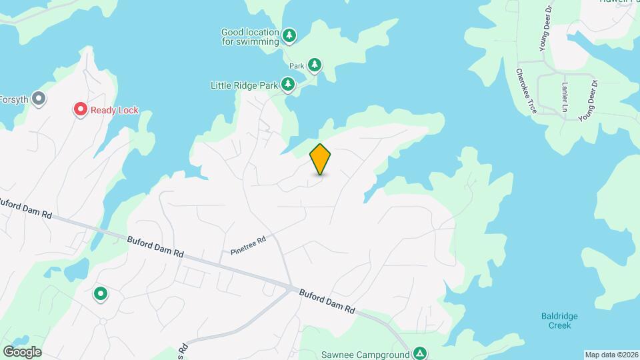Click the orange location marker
pos(320,159)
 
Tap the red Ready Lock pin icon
pos(81,109)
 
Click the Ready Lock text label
pos(115,110)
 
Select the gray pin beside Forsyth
pos(39,99)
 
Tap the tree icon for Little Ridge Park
pos(288,85)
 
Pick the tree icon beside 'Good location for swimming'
pos(289,35)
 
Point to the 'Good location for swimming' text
pos(250,37)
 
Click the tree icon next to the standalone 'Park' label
pos(315,65)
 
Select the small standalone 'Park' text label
pos(297,66)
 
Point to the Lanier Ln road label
pos(565,97)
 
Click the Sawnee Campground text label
pos(364,353)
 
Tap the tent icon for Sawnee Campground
pos(419,353)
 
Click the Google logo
pos(22,351)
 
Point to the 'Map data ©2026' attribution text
pos(610,355)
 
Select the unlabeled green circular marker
pos(101,293)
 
